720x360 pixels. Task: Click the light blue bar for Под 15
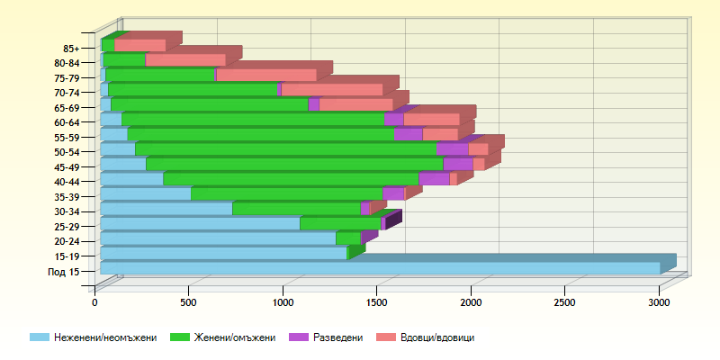pos(378,268)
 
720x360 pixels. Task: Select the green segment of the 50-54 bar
pos(285,149)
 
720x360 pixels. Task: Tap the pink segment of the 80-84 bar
pos(185,60)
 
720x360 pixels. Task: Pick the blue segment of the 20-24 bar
pos(218,238)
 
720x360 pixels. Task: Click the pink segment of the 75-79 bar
pos(266,75)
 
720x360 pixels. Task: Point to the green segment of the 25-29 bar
pos(340,223)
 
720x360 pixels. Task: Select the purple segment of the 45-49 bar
pos(457,164)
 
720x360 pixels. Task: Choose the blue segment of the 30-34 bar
pos(166,209)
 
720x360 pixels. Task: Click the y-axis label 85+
pos(72,49)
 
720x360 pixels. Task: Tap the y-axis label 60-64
pos(67,122)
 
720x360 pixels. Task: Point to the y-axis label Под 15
pos(64,272)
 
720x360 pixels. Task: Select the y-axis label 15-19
pos(67,256)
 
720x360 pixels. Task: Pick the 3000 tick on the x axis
pos(660,304)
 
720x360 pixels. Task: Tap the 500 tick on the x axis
pos(189,304)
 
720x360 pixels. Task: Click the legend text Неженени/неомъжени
pos(105,337)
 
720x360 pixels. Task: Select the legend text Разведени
pos(338,337)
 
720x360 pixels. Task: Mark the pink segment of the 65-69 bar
pos(355,104)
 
